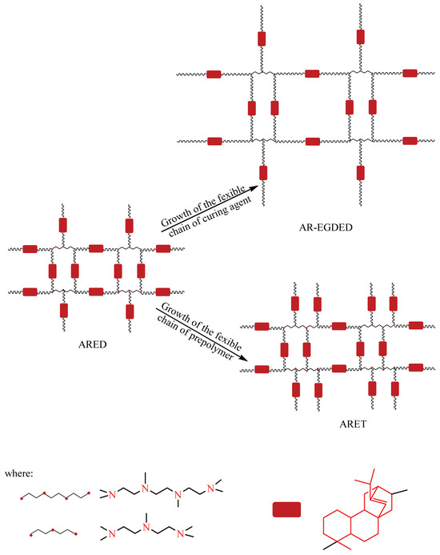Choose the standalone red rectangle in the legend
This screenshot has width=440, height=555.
tap(286, 509)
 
